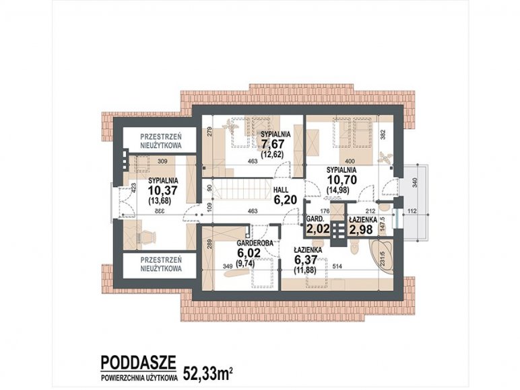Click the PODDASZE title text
click(138, 362)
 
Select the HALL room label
click(281, 190)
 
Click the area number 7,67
click(273, 145)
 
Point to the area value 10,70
click(342, 180)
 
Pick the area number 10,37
click(163, 191)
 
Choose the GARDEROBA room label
click(255, 243)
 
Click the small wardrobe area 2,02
click(318, 229)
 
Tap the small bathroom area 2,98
click(361, 229)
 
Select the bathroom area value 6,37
click(306, 260)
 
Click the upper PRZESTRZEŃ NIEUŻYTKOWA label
click(161, 141)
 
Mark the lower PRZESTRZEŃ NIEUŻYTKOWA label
click(161, 264)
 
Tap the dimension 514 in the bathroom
click(337, 266)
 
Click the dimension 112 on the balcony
click(412, 211)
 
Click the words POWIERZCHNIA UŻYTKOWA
click(139, 377)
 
